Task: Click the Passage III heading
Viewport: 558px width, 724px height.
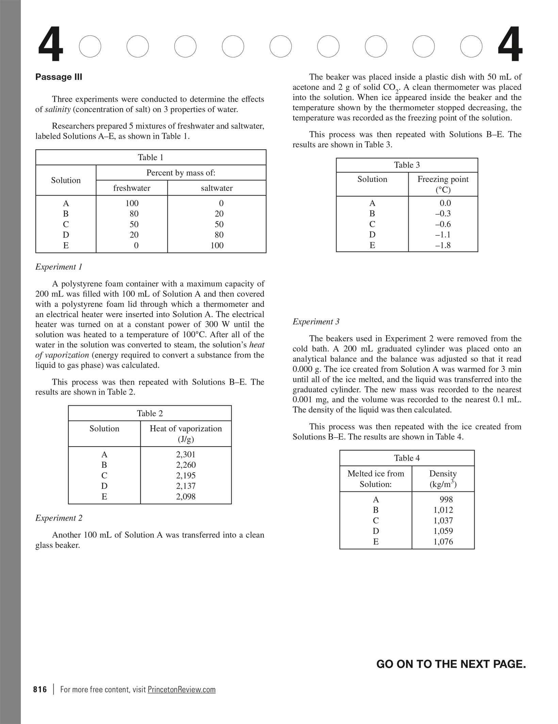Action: pos(59,77)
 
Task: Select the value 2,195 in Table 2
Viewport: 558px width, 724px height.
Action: pos(186,475)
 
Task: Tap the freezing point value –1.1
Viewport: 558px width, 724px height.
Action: pos(443,235)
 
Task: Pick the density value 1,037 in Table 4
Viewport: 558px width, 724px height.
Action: pos(443,520)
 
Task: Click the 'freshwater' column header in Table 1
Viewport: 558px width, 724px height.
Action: pos(132,188)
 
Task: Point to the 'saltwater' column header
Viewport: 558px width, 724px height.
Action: pos(217,188)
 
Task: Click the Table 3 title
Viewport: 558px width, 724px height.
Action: pos(407,165)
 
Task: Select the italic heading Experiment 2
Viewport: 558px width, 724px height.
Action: pos(59,518)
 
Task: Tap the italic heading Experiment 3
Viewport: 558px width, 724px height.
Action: pos(316,322)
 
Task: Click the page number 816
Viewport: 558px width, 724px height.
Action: pos(40,689)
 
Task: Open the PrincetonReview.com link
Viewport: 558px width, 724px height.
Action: pos(182,689)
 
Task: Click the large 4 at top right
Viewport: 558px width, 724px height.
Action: pos(510,45)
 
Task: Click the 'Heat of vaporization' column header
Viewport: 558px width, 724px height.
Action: pos(186,429)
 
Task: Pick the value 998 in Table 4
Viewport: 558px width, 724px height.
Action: pos(446,499)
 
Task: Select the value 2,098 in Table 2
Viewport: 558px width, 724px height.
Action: pos(186,496)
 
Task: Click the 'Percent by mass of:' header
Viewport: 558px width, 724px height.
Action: pos(181,173)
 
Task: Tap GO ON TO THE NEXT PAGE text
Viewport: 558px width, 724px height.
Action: pos(451,664)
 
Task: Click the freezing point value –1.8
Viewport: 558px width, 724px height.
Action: pos(443,245)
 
